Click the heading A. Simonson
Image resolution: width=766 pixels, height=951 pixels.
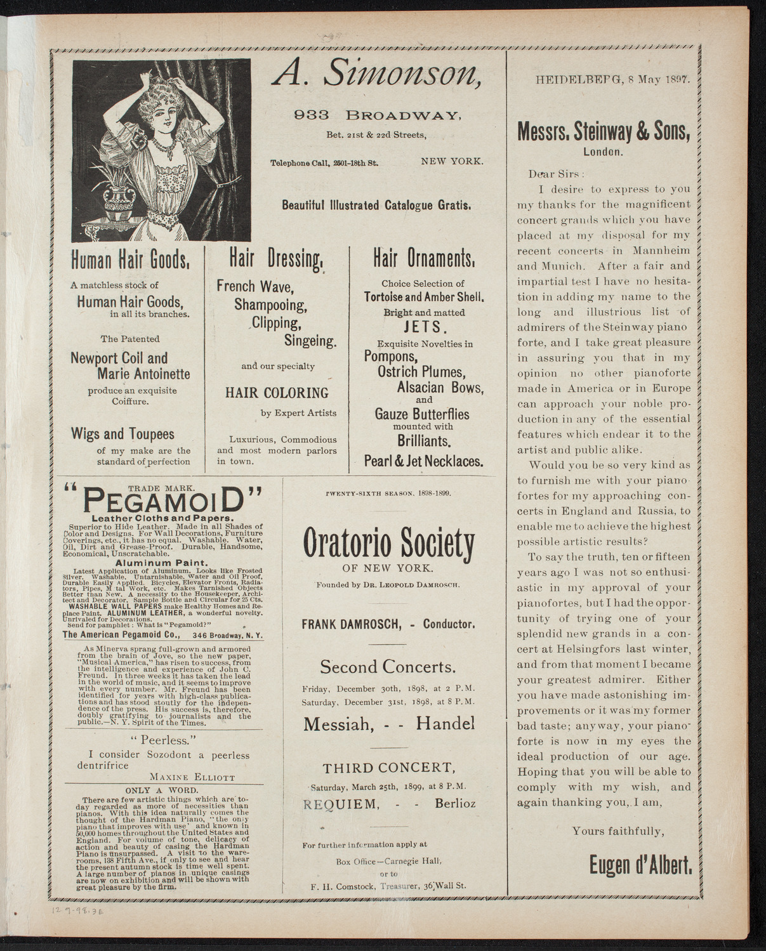coord(376,77)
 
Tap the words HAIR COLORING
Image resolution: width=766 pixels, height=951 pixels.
coord(277,393)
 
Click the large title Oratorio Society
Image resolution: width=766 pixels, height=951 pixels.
coord(388,541)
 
